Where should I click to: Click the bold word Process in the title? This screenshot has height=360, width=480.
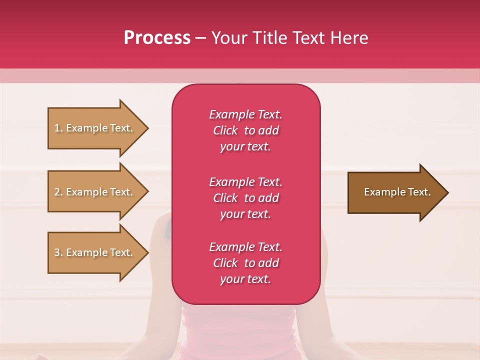pyautogui.click(x=157, y=38)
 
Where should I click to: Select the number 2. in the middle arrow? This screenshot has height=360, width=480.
pyautogui.click(x=58, y=192)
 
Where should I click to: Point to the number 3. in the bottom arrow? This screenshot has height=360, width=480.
pyautogui.click(x=58, y=252)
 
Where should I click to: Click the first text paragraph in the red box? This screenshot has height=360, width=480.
pyautogui.click(x=245, y=130)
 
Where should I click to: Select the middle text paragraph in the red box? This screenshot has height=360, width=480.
pyautogui.click(x=245, y=198)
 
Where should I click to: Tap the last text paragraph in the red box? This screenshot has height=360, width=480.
pyautogui.click(x=245, y=263)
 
